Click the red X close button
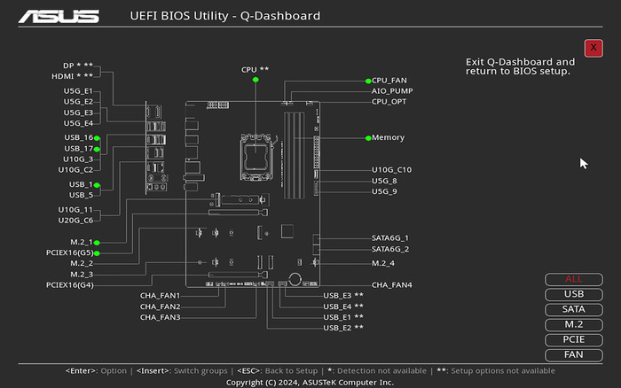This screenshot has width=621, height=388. [593, 48]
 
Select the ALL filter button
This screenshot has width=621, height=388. [574, 279]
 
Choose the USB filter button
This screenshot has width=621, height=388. [574, 294]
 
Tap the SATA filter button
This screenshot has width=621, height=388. [574, 309]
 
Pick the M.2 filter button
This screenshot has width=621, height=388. [574, 324]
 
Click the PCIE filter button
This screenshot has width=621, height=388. [574, 339]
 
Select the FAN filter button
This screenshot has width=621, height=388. [574, 354]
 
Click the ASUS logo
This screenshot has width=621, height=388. [59, 16]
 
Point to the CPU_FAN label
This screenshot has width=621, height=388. [389, 80]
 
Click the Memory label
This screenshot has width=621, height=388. [388, 137]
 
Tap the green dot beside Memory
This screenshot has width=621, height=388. [367, 137]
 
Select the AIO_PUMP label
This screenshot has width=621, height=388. [391, 90]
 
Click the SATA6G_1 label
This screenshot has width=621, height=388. [390, 237]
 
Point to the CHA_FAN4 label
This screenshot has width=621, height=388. [391, 285]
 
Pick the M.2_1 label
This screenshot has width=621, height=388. [82, 242]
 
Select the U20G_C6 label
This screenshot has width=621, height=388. [75, 220]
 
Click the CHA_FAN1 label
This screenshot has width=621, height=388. [160, 295]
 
